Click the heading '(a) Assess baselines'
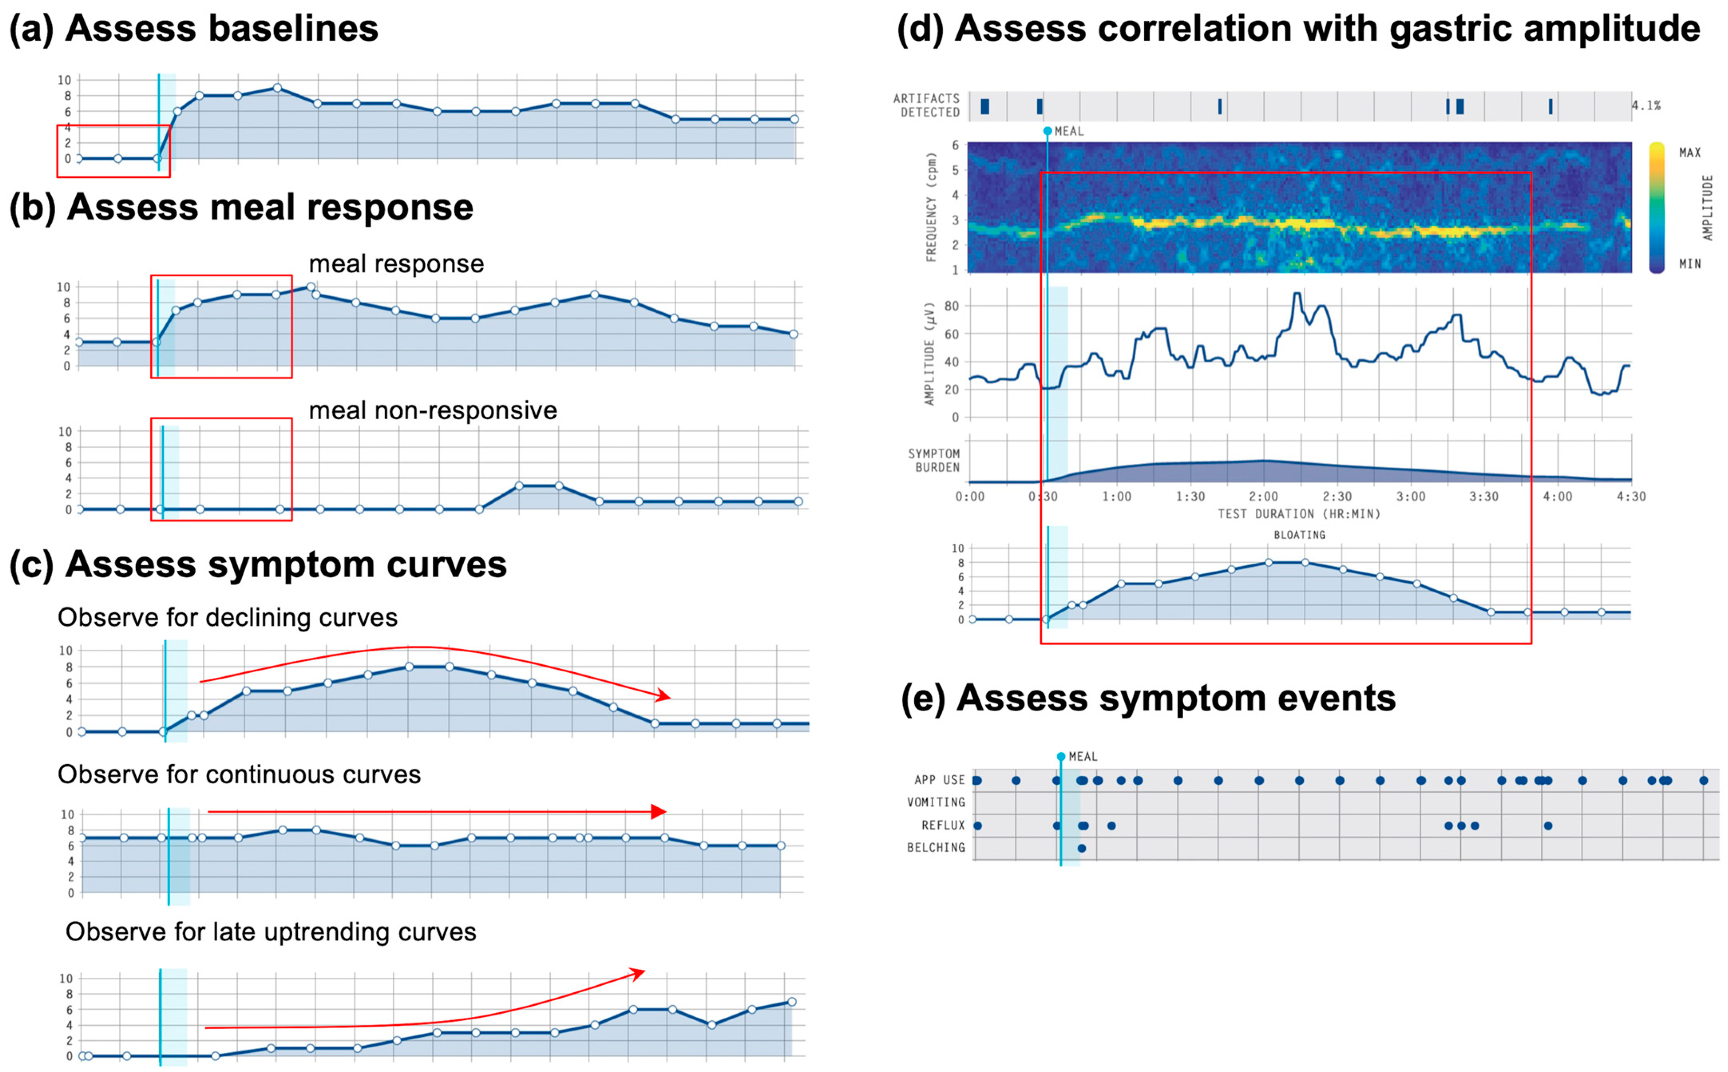193,28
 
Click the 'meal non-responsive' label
432,410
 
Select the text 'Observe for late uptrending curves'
271,931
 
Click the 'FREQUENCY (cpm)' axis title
931,207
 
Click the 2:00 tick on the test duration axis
1263,496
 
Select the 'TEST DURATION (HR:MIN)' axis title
1299,514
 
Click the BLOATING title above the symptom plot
1299,535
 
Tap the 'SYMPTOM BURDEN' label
934,460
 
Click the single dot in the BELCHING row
1081,848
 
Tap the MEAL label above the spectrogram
1069,131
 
